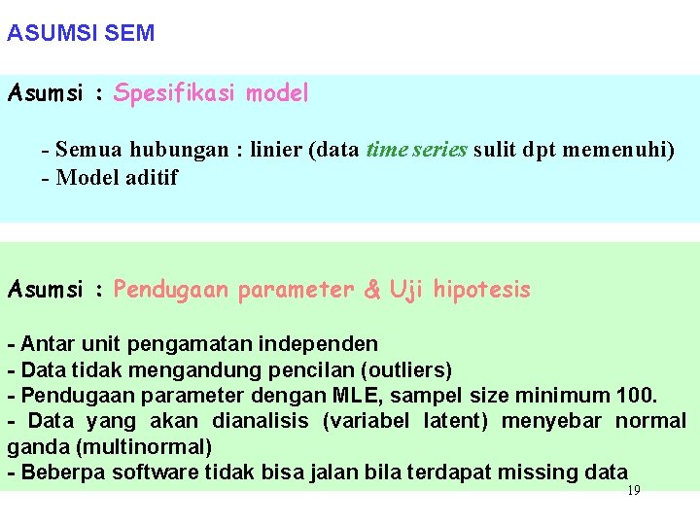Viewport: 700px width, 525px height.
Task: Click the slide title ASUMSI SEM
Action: (81, 33)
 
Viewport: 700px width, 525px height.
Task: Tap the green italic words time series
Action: (417, 150)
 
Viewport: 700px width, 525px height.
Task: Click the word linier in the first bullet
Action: (275, 150)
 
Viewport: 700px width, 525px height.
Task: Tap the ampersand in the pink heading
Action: (372, 289)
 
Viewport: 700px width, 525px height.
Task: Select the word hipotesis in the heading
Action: (481, 289)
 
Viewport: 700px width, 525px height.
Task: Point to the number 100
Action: (636, 395)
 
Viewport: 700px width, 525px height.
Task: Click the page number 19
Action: (634, 491)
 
